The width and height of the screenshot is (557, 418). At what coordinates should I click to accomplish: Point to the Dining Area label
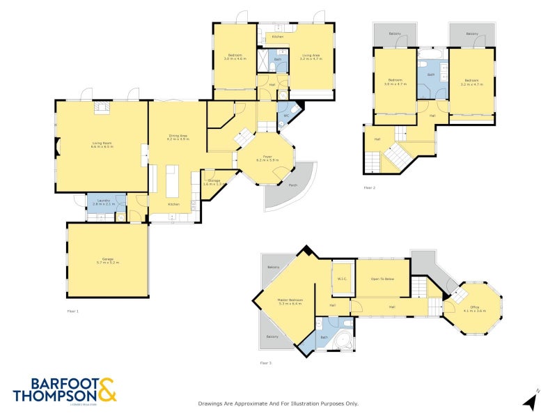(178, 137)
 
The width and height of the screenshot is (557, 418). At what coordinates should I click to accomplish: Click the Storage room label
(212, 181)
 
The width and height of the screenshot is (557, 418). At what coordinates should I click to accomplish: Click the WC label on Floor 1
(285, 115)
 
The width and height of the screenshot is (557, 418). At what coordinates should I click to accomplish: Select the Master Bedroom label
(290, 302)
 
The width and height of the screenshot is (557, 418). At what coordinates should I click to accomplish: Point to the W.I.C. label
(342, 279)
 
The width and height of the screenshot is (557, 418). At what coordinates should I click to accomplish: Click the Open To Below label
(382, 279)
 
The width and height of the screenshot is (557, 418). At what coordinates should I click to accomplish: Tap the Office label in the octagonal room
(474, 307)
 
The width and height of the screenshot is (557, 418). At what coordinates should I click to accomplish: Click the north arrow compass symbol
(531, 400)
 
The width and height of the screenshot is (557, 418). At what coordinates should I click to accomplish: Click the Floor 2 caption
(369, 187)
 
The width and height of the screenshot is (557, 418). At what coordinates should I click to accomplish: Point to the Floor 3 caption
(266, 363)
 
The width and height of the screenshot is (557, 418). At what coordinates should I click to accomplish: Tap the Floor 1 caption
(73, 311)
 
